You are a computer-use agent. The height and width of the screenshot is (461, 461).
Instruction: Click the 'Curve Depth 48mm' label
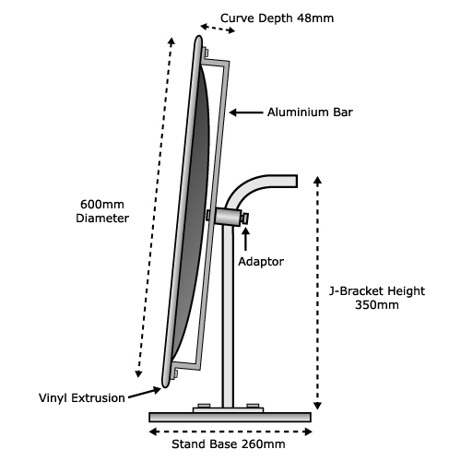coord(277,18)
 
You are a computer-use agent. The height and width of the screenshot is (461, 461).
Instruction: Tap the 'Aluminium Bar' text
coord(310,112)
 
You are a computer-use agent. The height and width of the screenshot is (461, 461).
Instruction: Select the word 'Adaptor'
coord(261,262)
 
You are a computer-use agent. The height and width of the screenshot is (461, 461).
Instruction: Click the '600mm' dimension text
coord(102,205)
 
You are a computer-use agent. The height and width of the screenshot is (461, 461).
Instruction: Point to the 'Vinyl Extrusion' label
coord(82,398)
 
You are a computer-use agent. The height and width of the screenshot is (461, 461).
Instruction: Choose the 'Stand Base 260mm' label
coord(229,444)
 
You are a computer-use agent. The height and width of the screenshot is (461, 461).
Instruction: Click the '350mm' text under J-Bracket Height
coord(377,305)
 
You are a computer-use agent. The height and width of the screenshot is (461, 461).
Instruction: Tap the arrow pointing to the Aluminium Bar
coord(246,112)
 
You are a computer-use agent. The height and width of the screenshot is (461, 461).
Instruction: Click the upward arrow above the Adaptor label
coord(245,239)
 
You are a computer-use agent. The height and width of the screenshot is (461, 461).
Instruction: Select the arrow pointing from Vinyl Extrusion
coord(145,393)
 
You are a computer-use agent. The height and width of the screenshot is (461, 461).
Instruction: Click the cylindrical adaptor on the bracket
coord(228,217)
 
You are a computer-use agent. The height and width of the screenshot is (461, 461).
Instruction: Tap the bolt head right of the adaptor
coord(245,219)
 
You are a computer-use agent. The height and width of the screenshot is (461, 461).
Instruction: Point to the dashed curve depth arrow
coord(218,29)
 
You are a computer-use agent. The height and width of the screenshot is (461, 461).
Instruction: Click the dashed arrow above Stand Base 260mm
coord(230,431)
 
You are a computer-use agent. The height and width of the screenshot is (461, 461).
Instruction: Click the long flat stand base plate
coord(230,417)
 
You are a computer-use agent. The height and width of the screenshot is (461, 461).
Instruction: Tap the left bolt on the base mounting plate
coord(204,406)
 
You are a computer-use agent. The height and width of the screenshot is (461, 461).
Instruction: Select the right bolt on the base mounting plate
coord(253,406)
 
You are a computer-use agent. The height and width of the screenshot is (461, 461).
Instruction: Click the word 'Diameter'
coord(102,219)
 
